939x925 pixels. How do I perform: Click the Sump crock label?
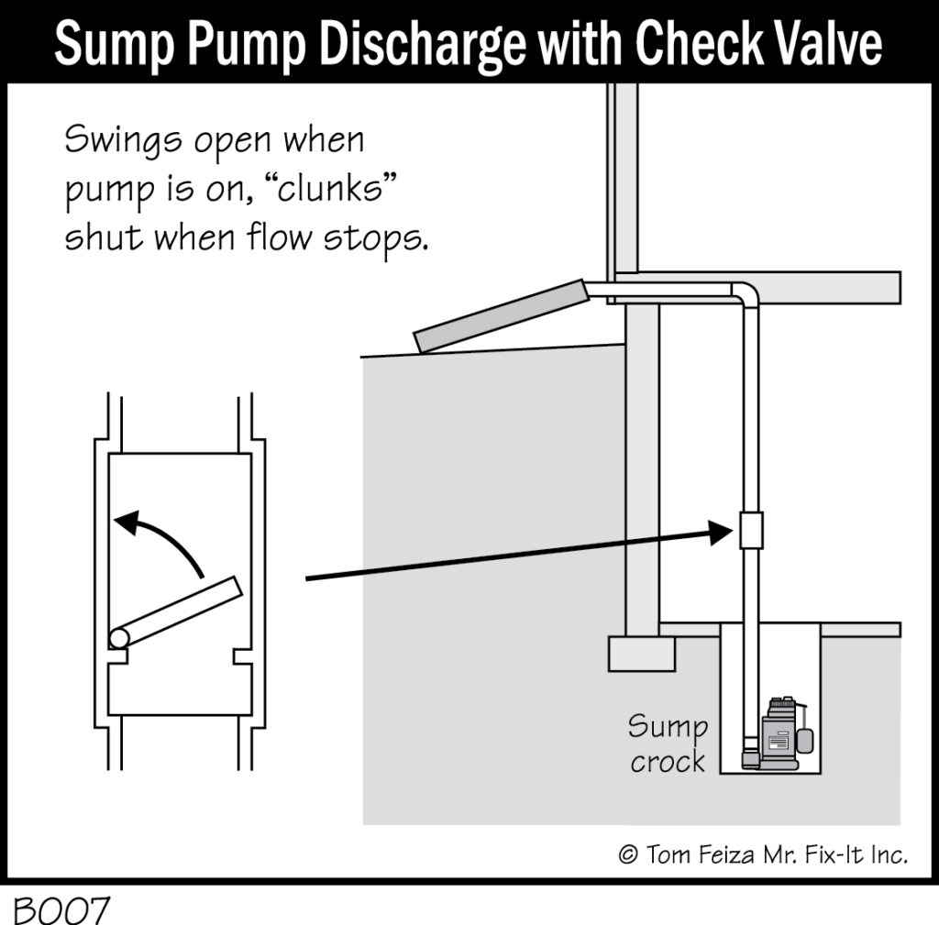[668, 744]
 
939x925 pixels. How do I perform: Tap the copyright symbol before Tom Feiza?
[628, 853]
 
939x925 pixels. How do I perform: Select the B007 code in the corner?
[61, 909]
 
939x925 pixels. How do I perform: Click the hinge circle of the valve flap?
[118, 637]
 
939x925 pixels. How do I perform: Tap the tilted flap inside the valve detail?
[177, 611]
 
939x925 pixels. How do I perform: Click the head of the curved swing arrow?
[128, 522]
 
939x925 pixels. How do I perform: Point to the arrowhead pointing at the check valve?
[721, 532]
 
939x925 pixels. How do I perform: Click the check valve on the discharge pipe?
[751, 530]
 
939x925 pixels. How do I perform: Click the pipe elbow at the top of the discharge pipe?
[746, 294]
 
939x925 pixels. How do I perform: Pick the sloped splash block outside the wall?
[500, 315]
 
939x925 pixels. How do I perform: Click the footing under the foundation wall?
[641, 654]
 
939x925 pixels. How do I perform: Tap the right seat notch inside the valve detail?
[242, 656]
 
